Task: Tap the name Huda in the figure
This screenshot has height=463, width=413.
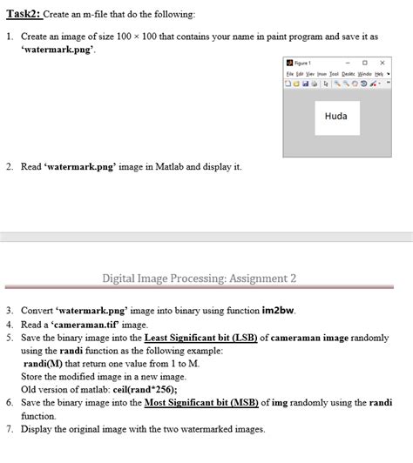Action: tap(335, 117)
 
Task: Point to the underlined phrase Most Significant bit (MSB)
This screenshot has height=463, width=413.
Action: tap(200, 403)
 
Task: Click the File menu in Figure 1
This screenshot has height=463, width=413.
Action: tap(288, 75)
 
